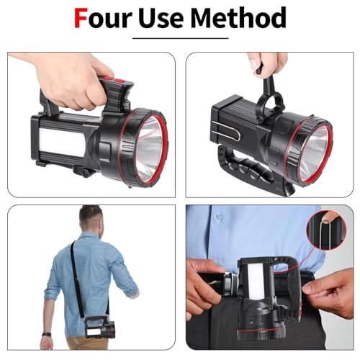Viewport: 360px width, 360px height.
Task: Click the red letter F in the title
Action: coord(82,18)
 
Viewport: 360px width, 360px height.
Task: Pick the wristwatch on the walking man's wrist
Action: coord(46,336)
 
